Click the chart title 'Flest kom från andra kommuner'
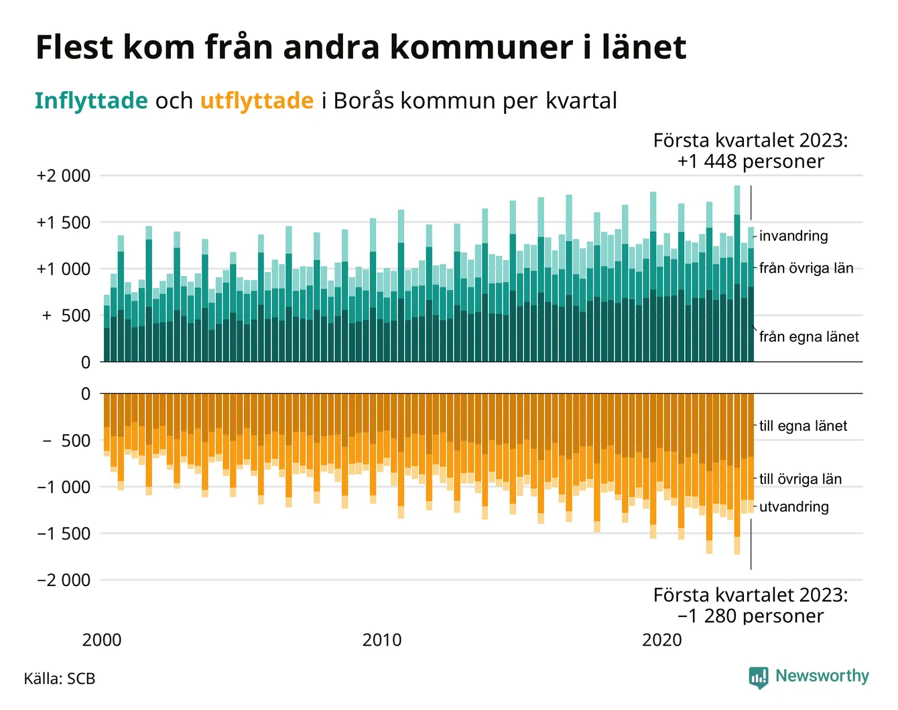point(361,48)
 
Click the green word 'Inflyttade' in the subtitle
point(91,100)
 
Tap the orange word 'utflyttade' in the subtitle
point(257,100)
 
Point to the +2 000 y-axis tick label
point(63,176)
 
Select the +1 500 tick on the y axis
point(63,222)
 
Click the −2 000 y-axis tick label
point(63,580)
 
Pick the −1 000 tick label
point(63,487)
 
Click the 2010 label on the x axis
point(382,640)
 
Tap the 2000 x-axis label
point(102,640)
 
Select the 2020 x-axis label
point(661,640)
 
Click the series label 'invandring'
point(793,236)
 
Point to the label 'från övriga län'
point(806,269)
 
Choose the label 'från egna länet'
point(809,337)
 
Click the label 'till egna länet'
point(803,426)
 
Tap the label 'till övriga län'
point(800,479)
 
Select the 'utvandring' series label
point(794,507)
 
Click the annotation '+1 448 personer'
point(751,161)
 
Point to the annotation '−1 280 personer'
point(751,616)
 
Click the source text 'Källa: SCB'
point(60,679)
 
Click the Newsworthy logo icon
point(759,677)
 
